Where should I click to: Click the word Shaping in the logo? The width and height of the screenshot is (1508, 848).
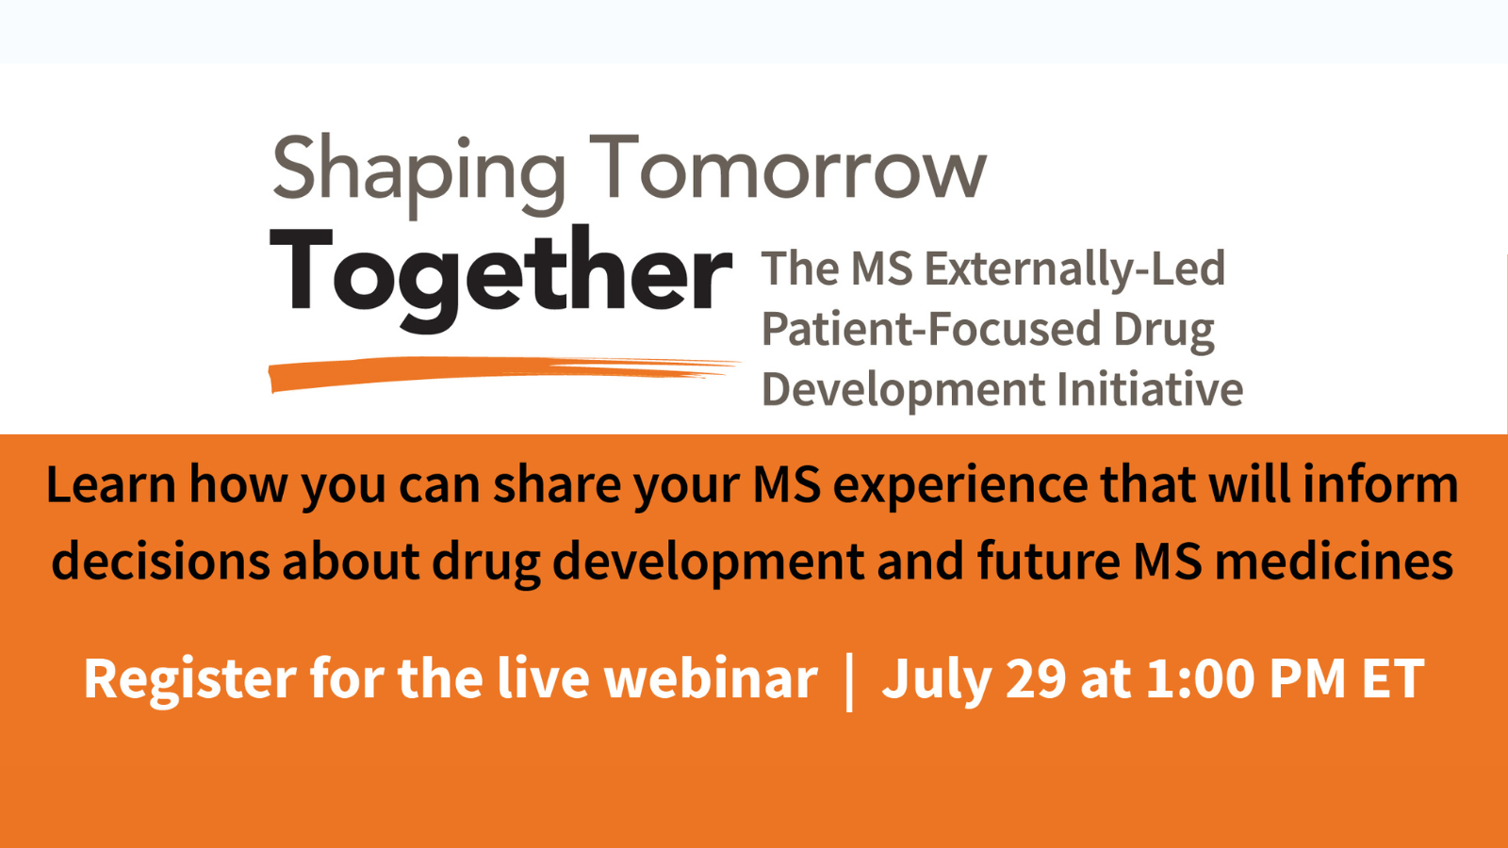click(418, 173)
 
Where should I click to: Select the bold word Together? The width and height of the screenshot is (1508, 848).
click(500, 277)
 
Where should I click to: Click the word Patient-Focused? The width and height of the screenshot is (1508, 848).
click(931, 329)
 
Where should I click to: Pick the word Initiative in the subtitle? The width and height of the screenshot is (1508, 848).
click(1150, 389)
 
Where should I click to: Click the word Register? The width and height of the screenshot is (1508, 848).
click(190, 679)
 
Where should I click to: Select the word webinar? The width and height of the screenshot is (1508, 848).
click(711, 678)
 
